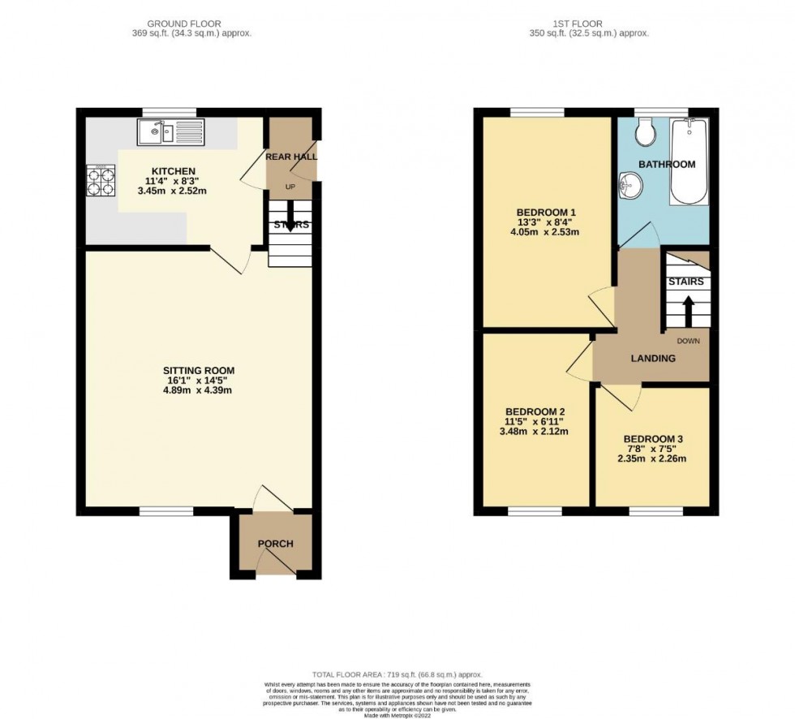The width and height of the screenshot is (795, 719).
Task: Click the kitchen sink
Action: tap(171, 131)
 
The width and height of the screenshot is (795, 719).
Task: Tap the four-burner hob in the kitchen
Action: tap(101, 181)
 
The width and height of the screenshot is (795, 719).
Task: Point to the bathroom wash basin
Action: tap(628, 185)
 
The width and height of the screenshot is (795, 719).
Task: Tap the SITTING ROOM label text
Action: tap(198, 372)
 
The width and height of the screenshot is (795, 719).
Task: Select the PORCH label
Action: tap(275, 544)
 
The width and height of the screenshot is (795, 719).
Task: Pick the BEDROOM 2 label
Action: tap(535, 411)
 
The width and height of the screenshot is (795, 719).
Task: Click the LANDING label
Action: tap(653, 359)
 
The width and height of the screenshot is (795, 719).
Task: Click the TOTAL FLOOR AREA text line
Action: tap(397, 675)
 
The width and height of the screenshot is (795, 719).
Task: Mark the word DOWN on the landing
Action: tap(687, 341)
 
